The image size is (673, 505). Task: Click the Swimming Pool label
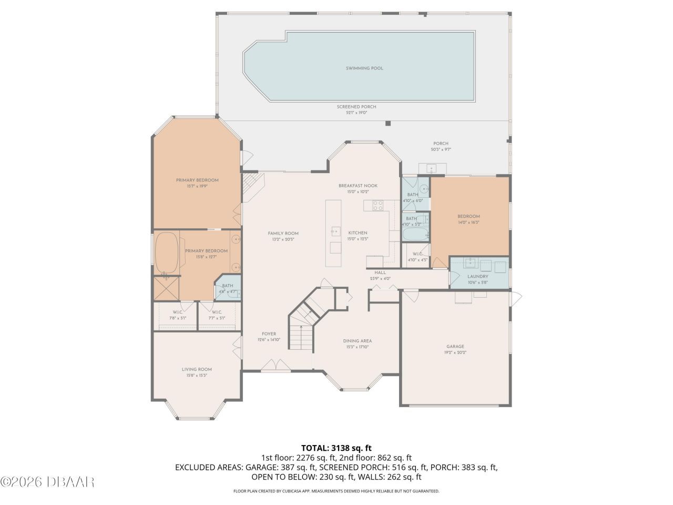coord(364,68)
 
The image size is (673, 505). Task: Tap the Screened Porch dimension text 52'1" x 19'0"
coord(356,113)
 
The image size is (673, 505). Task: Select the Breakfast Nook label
coord(358,186)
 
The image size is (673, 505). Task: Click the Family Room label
coord(283,234)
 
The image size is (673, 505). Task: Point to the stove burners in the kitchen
coord(378,205)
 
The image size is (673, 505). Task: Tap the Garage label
coord(455,347)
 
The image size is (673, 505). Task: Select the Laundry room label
coord(478,277)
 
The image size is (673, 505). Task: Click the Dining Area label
coord(358,341)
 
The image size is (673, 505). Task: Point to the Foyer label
coord(269,334)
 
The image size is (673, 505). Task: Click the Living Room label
coord(197,370)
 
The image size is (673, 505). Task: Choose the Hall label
coord(380,272)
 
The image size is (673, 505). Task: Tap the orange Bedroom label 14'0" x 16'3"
coord(468,217)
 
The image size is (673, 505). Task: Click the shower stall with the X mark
coord(166,288)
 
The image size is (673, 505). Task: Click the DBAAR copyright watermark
coord(47,481)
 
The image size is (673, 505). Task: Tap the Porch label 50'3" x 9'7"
coord(441,144)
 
